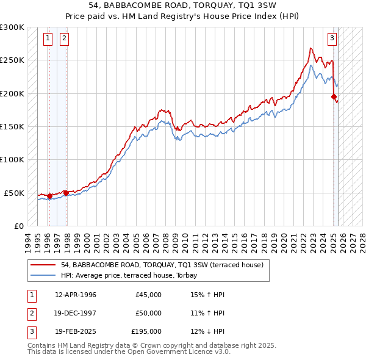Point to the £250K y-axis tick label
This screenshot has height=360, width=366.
click(x=13, y=60)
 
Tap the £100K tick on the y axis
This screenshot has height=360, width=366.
click(x=13, y=159)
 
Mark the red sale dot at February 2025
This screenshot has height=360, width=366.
click(x=334, y=96)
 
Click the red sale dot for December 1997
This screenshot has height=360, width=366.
click(x=66, y=193)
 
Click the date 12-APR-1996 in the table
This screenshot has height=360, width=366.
click(x=76, y=295)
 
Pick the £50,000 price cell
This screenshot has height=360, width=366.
click(x=148, y=313)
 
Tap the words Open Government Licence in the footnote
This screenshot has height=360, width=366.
click(x=181, y=351)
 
